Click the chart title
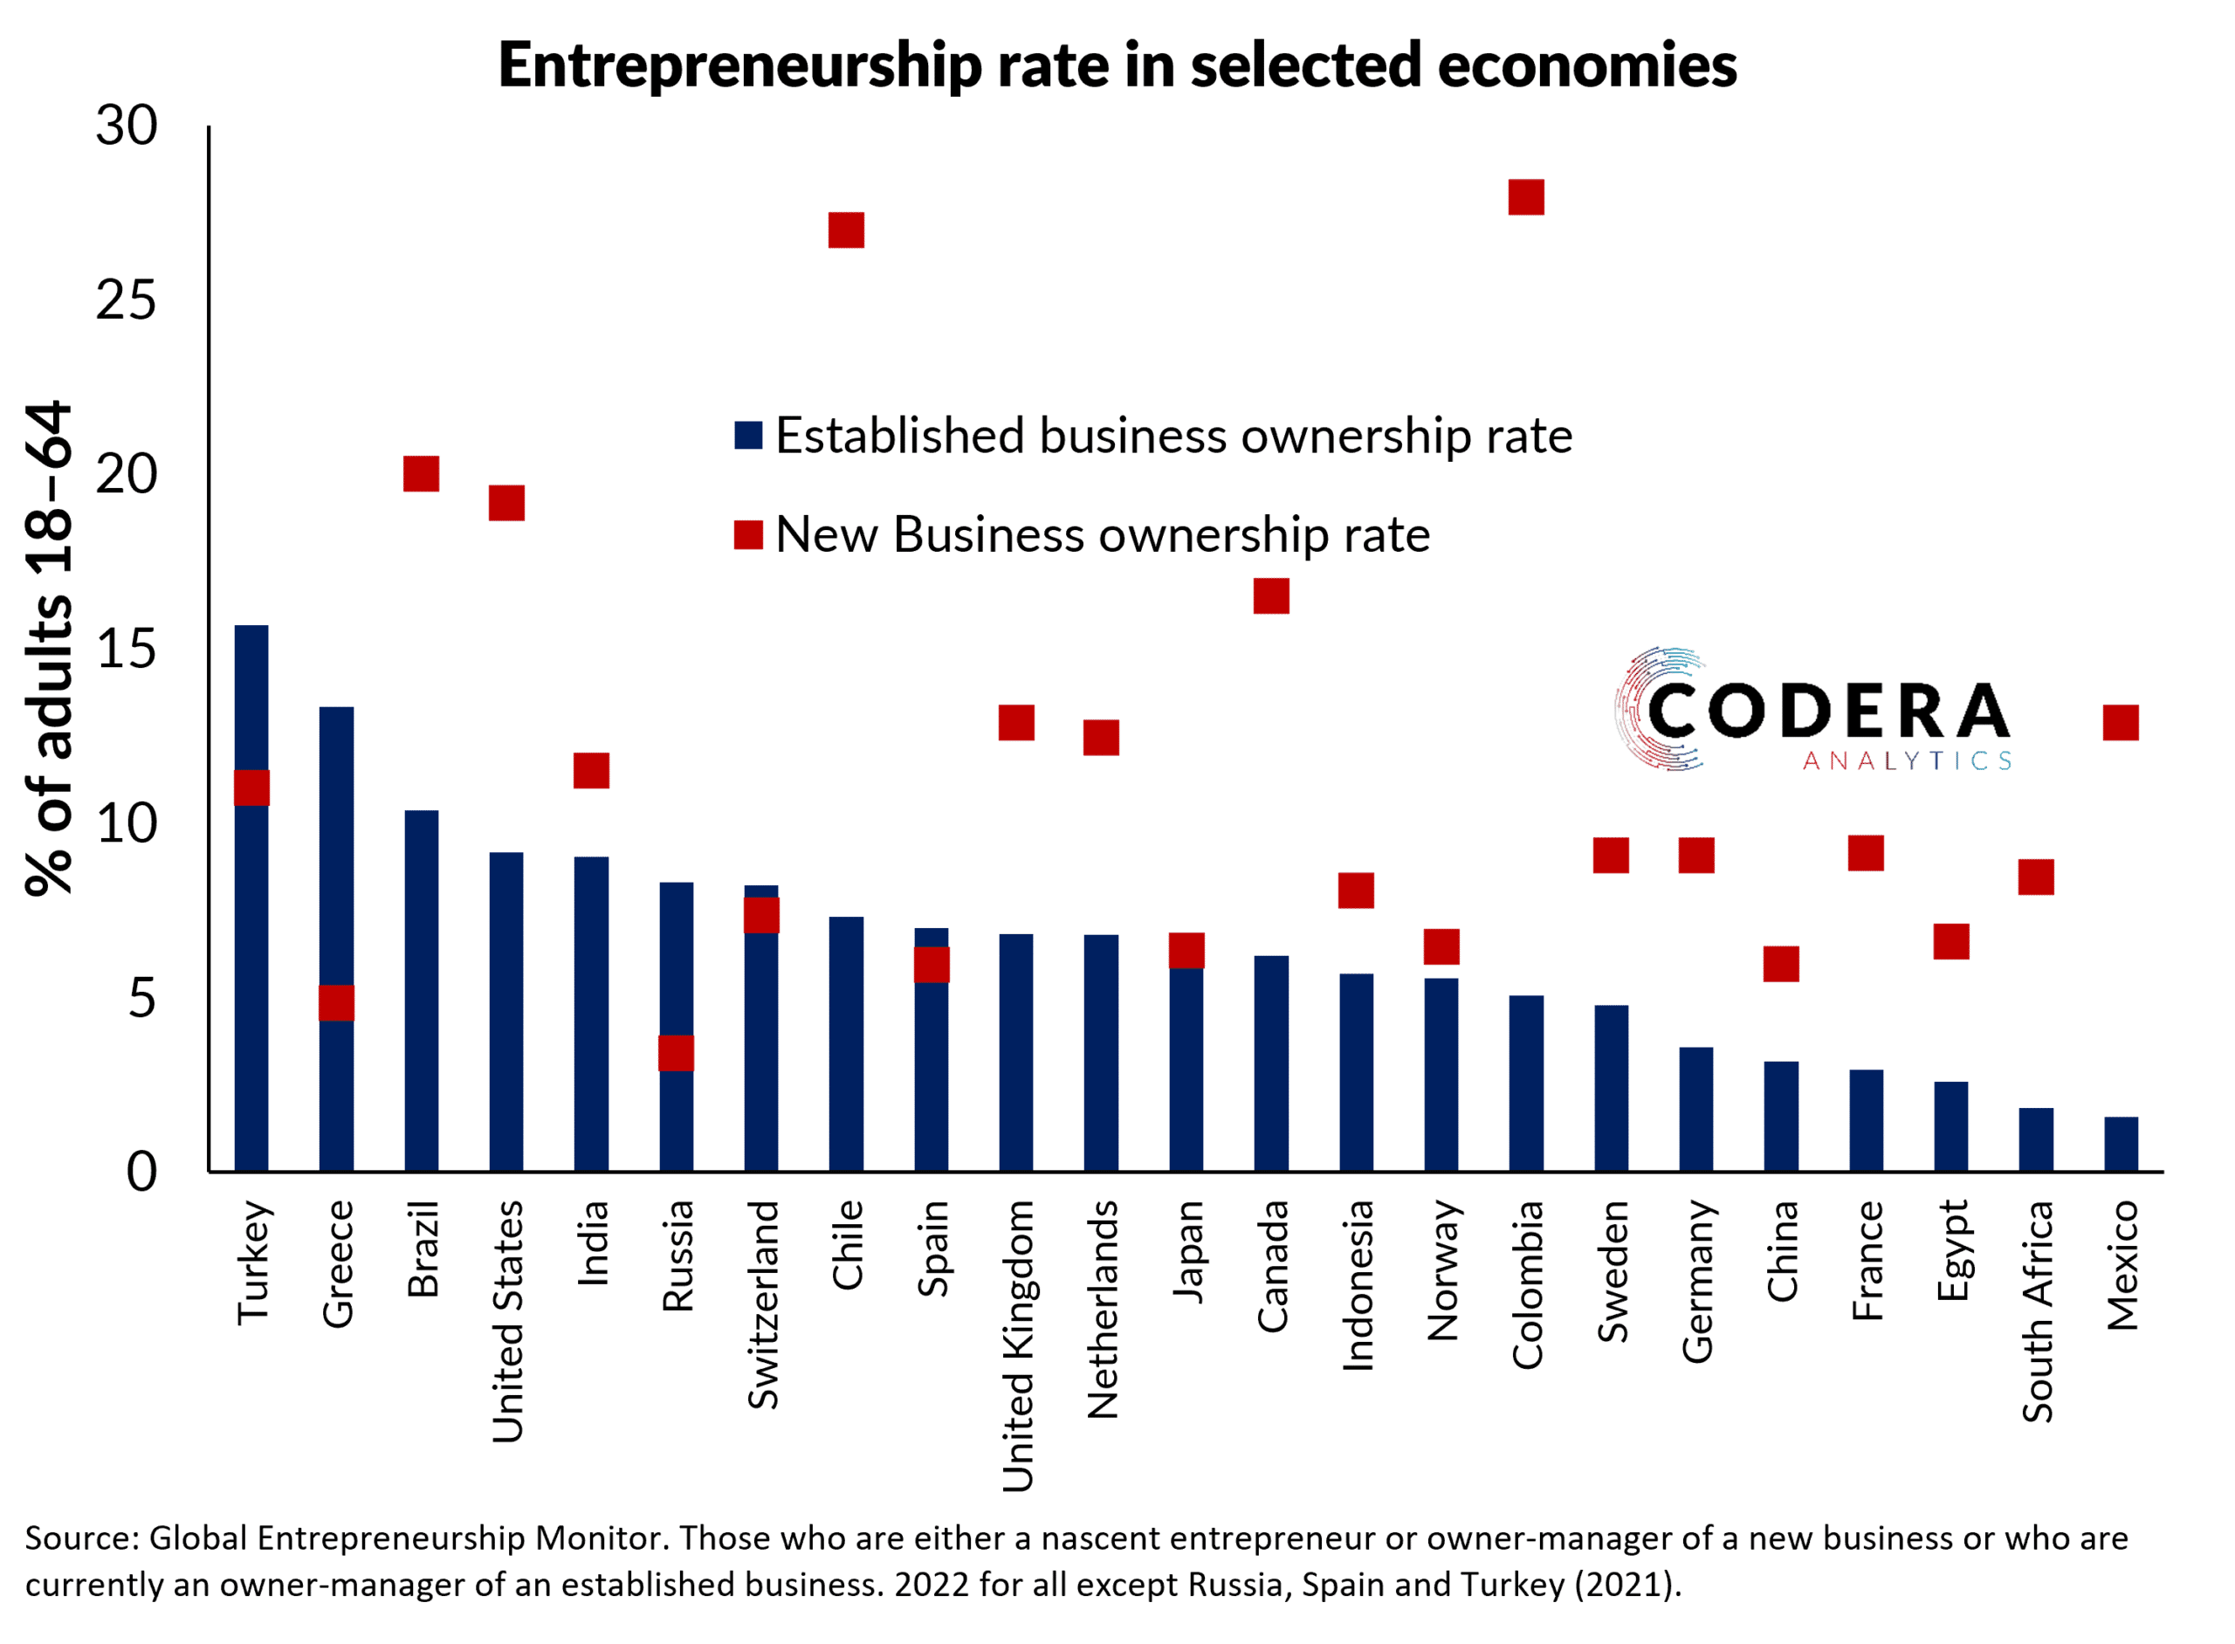[x=1117, y=65]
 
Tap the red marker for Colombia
[x=1525, y=197]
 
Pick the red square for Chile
[x=846, y=230]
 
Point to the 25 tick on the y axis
[x=127, y=299]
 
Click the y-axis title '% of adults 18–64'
[x=50, y=648]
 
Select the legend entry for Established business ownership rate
[x=1154, y=436]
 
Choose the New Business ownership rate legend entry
[x=1084, y=534]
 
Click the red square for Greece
[x=336, y=1002]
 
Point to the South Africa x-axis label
[x=2036, y=1310]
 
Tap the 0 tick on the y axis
[x=141, y=1173]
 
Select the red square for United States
[x=506, y=504]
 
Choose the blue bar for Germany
[x=1695, y=1110]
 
